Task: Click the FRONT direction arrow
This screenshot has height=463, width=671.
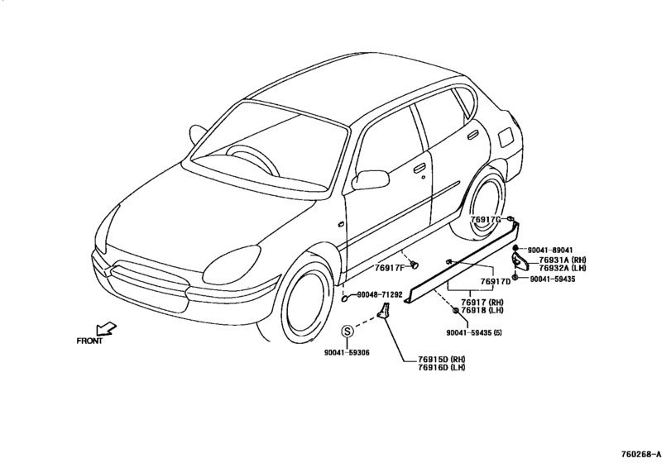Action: [106, 329]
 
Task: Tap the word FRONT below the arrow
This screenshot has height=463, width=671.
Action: [89, 341]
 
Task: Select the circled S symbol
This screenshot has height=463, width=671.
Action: [347, 331]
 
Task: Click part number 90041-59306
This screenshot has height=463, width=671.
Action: [347, 353]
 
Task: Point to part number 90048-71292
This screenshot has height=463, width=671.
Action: [380, 294]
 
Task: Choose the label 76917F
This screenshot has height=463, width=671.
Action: [390, 269]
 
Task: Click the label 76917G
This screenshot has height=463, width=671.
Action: [486, 219]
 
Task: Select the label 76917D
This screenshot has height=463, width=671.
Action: [496, 282]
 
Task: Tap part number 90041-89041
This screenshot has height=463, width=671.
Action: [550, 250]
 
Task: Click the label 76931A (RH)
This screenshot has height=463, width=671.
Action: [563, 260]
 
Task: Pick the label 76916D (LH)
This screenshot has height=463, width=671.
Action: [442, 367]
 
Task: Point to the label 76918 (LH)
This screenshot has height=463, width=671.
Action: [482, 310]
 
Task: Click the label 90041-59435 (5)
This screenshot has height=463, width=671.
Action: [474, 332]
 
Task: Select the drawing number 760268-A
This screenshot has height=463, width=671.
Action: [644, 454]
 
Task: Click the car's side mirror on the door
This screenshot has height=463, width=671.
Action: [370, 179]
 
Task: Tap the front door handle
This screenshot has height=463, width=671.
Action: [419, 168]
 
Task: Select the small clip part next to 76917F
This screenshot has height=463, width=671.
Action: [414, 265]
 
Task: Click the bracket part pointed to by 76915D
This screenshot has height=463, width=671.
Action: [383, 311]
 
